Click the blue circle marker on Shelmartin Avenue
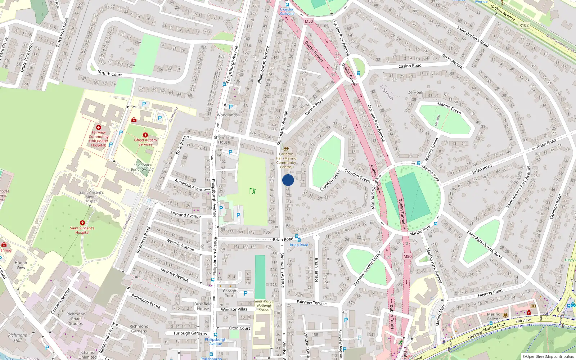click(288, 180)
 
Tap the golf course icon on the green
click(252, 190)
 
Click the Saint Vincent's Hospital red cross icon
click(82, 223)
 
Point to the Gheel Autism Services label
click(145, 142)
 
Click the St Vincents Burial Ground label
click(142, 167)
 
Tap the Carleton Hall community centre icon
click(286, 149)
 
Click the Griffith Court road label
click(110, 73)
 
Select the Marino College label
click(494, 316)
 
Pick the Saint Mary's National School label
click(264, 306)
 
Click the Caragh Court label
click(229, 293)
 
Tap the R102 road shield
click(524, 25)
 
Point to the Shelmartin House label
click(224, 140)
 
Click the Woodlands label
click(227, 115)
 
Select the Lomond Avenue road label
click(186, 215)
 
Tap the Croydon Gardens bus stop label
click(287, 12)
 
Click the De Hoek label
click(415, 93)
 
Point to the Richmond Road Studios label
click(76, 319)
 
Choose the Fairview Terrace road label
click(311, 303)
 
